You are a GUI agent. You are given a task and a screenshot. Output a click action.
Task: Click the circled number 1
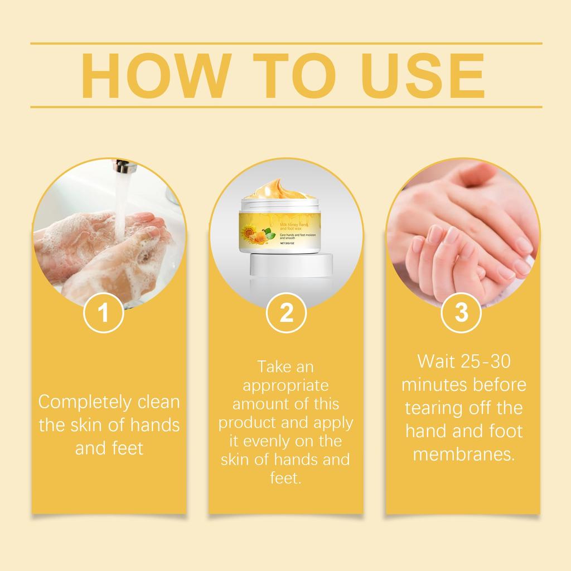103,313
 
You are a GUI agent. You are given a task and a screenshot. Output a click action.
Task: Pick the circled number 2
286,313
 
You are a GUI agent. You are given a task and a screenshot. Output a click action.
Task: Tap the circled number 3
461,313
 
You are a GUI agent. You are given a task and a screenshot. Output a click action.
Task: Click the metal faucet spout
122,166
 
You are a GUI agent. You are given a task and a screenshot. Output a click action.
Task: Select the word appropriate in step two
286,385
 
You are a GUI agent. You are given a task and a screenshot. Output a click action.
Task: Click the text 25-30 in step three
486,361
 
